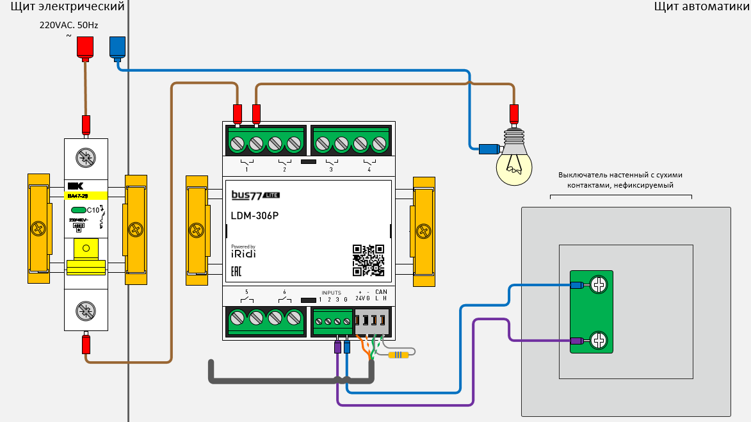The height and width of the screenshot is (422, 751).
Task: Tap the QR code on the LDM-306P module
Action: tap(368, 260)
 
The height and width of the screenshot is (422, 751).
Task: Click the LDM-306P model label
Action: tap(255, 215)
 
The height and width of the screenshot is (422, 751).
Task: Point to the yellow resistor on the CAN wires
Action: tap(398, 355)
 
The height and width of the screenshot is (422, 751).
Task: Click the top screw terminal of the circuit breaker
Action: tap(84, 156)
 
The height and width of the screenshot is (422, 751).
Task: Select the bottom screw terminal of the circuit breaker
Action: tap(84, 311)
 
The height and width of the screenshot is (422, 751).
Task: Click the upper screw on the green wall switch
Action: tap(599, 285)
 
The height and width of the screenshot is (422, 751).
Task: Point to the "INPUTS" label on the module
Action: tap(331, 293)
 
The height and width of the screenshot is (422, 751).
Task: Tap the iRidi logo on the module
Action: tap(243, 253)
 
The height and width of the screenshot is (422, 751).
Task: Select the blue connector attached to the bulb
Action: tap(489, 150)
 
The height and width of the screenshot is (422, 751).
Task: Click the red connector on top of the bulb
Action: tap(513, 114)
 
